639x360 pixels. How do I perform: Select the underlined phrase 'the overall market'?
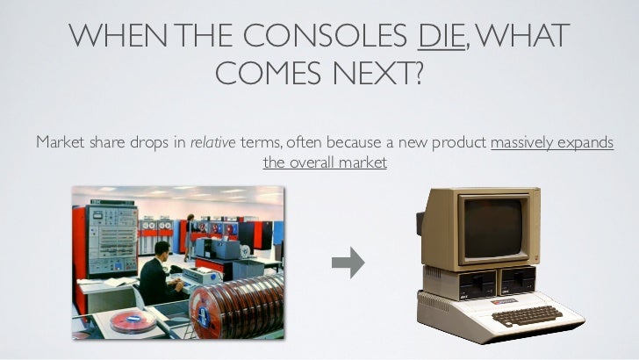point(325,162)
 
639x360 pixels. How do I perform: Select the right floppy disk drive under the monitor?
point(517,280)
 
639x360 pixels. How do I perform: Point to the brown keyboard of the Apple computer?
point(526,314)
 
